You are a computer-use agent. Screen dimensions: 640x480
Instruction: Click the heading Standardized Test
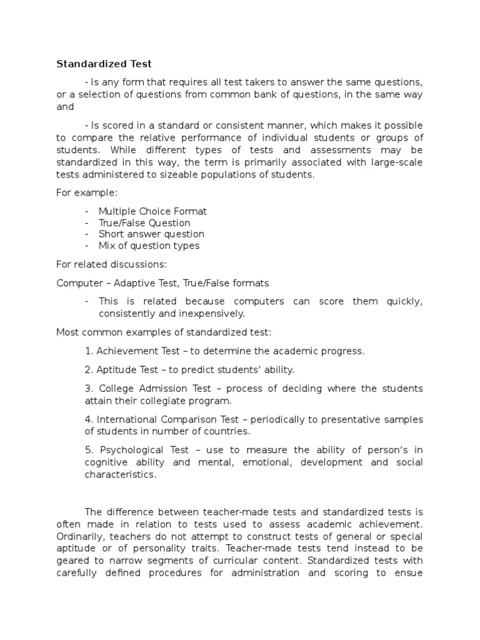(x=104, y=64)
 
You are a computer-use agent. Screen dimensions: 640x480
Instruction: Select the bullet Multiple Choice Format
(x=152, y=211)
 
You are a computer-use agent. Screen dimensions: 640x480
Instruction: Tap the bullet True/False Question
(x=144, y=222)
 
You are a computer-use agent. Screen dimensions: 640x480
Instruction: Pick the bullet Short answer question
(x=151, y=234)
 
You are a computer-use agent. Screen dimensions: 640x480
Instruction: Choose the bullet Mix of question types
(x=149, y=245)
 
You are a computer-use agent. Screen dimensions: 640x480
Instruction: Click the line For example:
(x=82, y=193)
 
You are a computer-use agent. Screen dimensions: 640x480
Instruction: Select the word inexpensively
(x=214, y=312)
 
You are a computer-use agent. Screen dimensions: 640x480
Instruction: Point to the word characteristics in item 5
(x=121, y=474)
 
